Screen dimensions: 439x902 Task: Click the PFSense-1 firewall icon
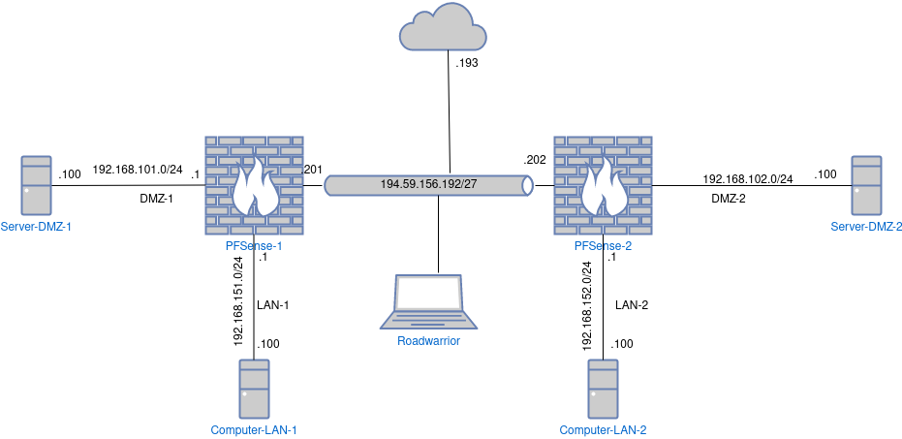[254, 184]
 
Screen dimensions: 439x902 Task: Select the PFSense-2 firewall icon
[603, 184]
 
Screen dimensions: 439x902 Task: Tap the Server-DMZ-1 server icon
[37, 185]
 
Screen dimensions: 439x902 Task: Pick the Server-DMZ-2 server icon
[866, 185]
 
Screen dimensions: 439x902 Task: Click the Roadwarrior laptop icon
[428, 303]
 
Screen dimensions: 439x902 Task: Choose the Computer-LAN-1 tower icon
[254, 389]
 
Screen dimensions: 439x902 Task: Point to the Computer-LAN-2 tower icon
[603, 389]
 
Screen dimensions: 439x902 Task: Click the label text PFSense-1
[254, 246]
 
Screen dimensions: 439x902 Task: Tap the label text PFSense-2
[603, 246]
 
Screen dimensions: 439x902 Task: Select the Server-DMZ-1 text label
[37, 226]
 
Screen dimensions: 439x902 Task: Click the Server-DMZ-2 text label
[865, 226]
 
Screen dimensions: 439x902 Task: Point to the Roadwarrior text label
[428, 340]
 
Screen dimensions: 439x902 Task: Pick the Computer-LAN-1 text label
[254, 429]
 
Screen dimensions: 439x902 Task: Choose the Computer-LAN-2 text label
[603, 429]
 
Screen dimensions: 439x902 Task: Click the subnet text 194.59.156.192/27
[428, 184]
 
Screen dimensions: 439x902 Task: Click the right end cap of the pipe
[527, 184]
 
